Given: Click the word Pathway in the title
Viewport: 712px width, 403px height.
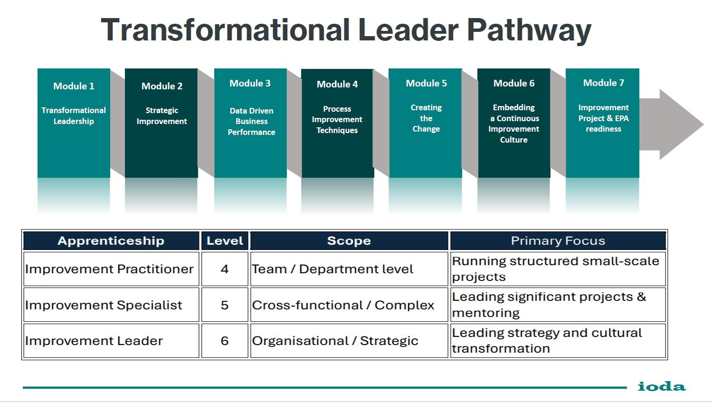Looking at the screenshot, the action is point(529,30).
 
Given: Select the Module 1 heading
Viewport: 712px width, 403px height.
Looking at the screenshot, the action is point(74,86).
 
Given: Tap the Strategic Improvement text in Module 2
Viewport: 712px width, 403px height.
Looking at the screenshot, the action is point(161,116).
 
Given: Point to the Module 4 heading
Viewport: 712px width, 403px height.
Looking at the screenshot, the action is point(337,84).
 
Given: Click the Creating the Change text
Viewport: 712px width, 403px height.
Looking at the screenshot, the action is point(426,118).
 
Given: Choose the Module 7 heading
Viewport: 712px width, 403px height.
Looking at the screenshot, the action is point(604,83).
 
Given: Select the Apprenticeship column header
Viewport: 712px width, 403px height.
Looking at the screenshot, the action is point(111,241).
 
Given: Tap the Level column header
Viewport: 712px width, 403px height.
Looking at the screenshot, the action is point(225,241).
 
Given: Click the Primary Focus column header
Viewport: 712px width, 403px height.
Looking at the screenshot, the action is point(558,241).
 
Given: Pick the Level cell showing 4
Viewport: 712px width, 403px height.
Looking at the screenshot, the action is point(225,269).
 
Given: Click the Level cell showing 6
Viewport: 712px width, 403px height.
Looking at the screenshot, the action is point(225,341).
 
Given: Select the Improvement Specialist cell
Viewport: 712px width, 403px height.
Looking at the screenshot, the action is point(111,305).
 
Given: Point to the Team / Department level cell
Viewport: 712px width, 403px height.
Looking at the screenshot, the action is point(349,269).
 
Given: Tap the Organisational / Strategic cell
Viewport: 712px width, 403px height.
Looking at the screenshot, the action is point(349,341).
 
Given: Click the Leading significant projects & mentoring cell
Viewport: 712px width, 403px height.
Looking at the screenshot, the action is point(558,305).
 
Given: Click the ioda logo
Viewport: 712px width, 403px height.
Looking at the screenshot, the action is point(662,386).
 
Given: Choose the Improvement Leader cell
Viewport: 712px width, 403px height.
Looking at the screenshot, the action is point(111,341).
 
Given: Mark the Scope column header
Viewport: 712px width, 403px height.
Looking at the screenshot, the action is point(349,241).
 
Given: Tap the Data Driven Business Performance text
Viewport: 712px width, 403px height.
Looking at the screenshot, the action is point(251,122).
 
